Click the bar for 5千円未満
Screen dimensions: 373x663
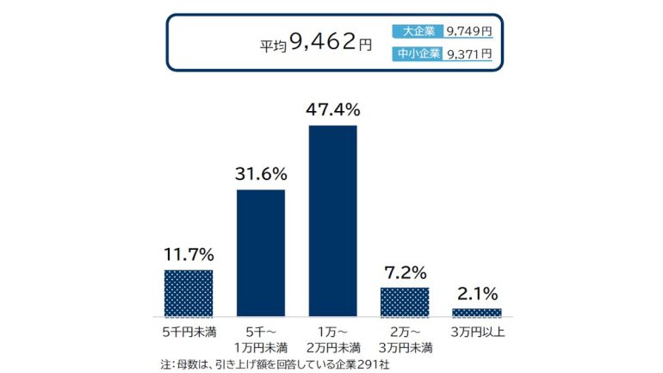(188, 293)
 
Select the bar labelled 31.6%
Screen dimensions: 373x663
(260, 252)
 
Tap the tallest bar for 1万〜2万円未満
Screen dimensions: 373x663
(332, 221)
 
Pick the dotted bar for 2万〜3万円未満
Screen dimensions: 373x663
(405, 302)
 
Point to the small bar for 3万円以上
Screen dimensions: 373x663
(476, 312)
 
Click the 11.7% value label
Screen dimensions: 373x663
(188, 255)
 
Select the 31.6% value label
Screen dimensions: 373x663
(260, 174)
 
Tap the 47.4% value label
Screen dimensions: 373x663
(332, 109)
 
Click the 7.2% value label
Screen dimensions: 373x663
(405, 273)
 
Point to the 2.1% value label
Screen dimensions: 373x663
(476, 294)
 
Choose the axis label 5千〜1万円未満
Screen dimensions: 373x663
(260, 339)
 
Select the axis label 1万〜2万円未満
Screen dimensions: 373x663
(332, 339)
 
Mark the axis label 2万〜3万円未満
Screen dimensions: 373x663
(405, 339)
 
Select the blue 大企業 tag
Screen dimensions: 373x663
(418, 31)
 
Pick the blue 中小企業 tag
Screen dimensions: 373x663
(418, 53)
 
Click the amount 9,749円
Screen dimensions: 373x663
(469, 31)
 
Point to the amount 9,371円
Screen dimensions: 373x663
(469, 53)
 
